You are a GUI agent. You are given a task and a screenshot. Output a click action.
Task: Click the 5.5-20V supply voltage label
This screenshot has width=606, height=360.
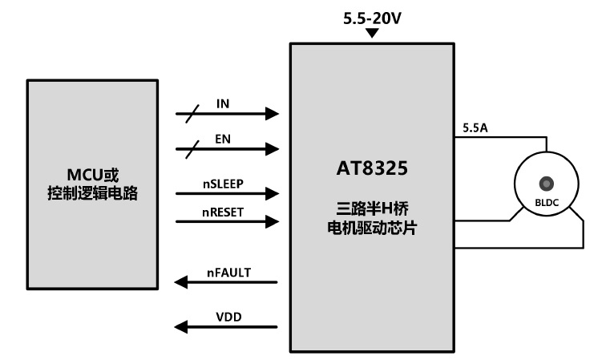click(x=371, y=18)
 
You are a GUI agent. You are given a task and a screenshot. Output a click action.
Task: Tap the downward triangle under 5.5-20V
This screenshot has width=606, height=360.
click(x=371, y=34)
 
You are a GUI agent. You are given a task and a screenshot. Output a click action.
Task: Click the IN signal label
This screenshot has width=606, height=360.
click(x=224, y=104)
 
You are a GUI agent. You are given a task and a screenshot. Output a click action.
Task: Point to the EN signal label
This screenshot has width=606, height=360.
click(x=224, y=139)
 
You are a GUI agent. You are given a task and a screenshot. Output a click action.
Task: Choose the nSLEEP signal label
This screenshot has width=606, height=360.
click(x=223, y=183)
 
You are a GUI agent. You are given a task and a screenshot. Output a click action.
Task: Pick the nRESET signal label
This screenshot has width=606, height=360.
click(x=223, y=212)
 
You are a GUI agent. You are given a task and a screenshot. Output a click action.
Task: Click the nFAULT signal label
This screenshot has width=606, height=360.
click(x=229, y=273)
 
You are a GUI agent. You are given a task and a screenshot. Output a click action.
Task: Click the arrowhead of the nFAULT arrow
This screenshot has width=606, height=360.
click(x=181, y=282)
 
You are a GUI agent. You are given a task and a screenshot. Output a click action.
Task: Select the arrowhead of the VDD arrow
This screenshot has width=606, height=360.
click(x=181, y=326)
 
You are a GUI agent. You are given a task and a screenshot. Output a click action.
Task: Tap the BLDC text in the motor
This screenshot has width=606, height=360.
click(x=547, y=201)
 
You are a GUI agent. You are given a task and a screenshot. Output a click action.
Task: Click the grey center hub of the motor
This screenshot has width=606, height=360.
click(x=547, y=182)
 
